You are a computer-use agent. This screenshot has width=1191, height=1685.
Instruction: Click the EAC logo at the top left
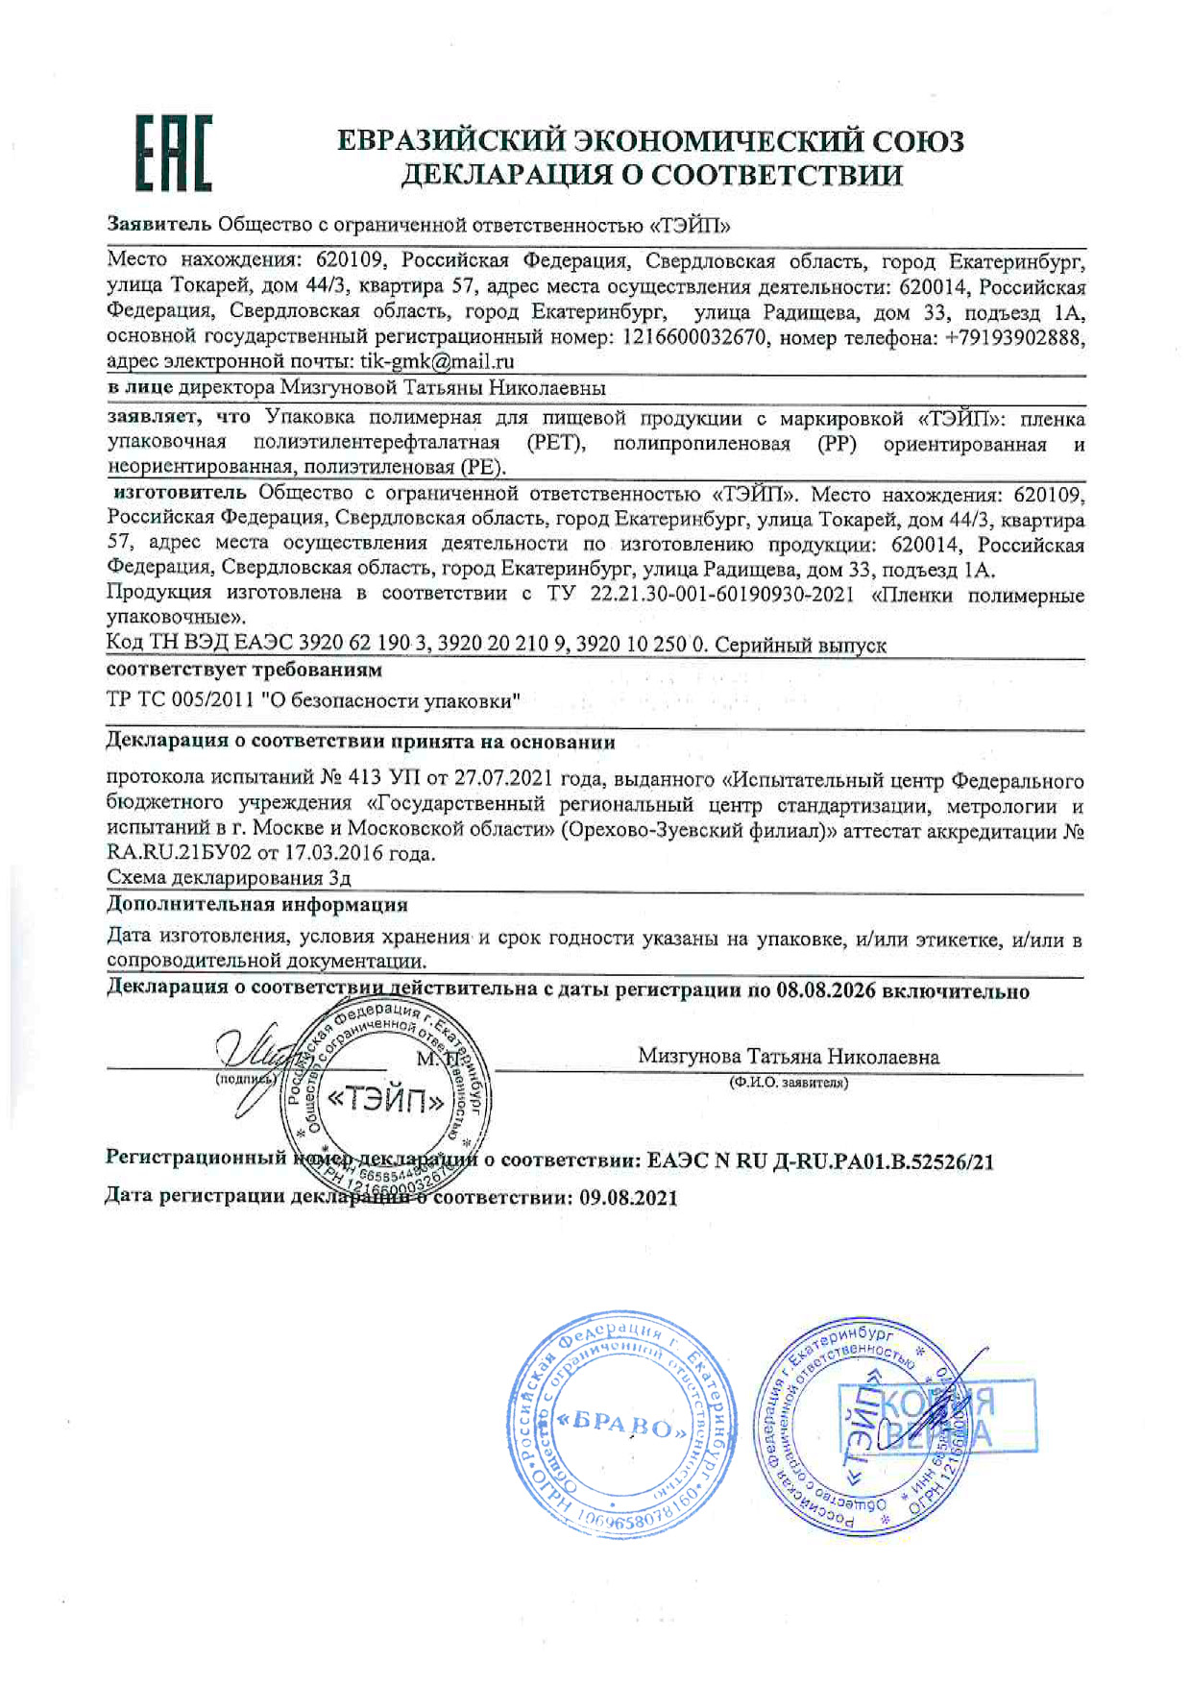point(173,154)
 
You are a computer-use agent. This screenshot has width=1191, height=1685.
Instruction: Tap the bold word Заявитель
point(158,225)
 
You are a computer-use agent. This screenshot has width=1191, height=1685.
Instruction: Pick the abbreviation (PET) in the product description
point(556,443)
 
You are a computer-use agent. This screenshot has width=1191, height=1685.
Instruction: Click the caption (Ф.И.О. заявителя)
point(789,1083)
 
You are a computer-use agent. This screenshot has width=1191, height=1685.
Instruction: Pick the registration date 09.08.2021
point(628,1198)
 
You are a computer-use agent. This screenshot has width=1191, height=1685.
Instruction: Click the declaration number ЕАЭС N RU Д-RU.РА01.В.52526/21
point(820,1161)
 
